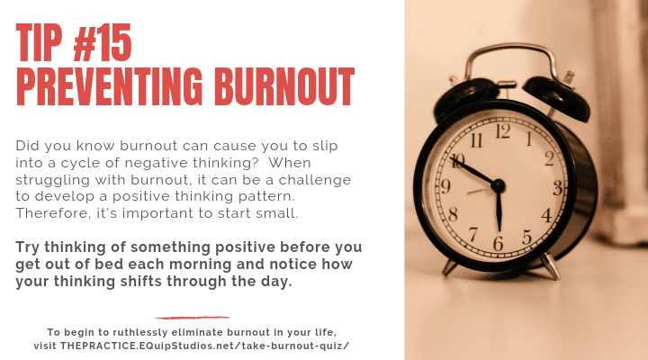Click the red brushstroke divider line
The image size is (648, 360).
click(192, 317)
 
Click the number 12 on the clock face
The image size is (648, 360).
click(503, 130)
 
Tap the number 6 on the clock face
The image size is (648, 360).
click(498, 244)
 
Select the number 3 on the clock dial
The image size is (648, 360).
click(557, 188)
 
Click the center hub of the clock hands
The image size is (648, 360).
click(498, 185)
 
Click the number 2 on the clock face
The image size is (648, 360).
click(548, 157)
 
